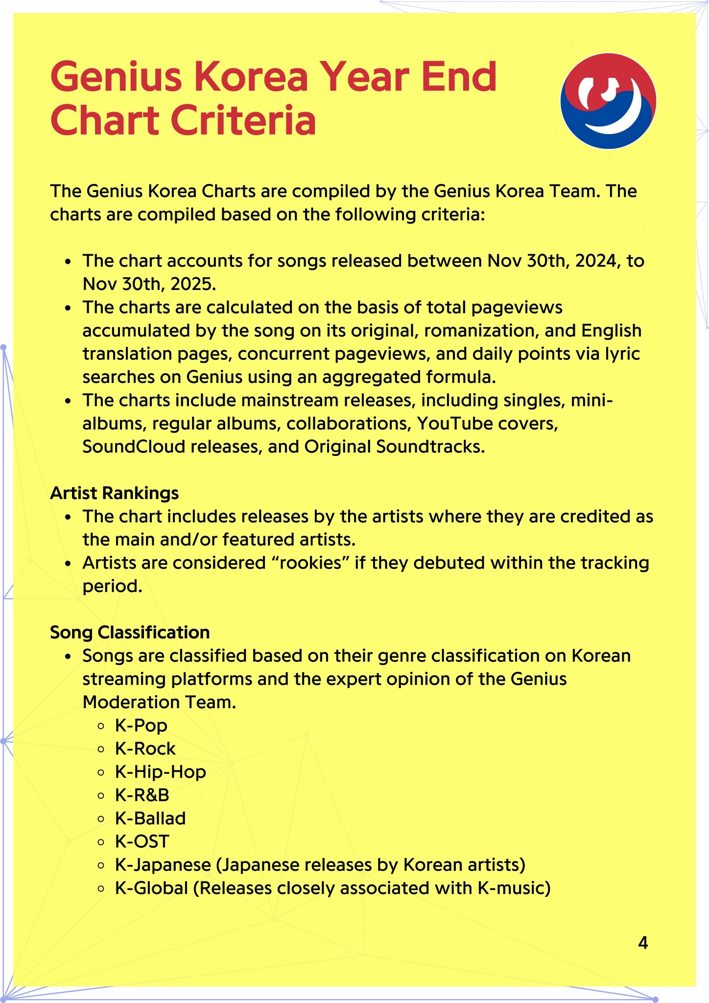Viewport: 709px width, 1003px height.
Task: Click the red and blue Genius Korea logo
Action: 608,101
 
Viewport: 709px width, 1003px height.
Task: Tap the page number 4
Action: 643,943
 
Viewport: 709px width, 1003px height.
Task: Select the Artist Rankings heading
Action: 114,493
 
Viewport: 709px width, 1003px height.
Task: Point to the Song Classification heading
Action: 130,632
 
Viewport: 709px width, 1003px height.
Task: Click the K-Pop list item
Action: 141,725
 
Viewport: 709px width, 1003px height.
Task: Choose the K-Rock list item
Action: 145,748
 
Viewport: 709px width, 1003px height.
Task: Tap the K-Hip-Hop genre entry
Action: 161,772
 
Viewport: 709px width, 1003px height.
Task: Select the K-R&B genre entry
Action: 142,795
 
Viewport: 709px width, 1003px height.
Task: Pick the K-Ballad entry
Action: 150,818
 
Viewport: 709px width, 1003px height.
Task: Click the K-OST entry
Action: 142,841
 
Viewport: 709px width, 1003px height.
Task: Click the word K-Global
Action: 152,888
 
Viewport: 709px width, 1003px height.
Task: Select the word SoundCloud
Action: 134,447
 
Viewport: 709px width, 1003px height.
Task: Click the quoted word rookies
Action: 309,563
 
